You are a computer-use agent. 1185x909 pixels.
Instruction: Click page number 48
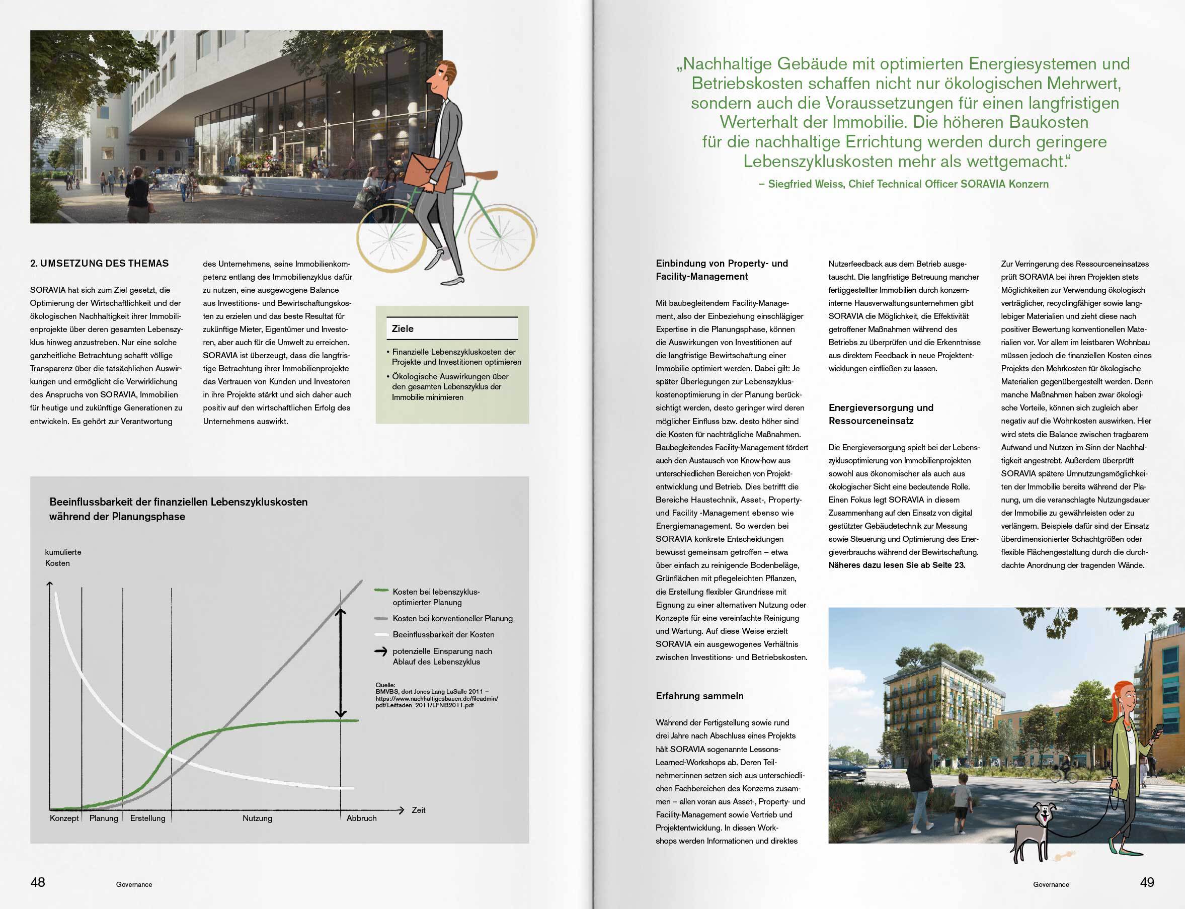tap(38, 882)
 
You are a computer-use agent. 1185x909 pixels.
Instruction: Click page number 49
tap(1147, 882)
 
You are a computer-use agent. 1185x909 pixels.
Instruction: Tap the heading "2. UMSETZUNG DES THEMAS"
tap(100, 264)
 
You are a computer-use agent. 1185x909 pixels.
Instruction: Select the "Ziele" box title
tap(403, 328)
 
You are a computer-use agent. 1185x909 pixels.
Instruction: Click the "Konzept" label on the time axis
tap(64, 818)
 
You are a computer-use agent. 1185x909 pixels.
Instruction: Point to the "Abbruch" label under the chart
tap(361, 818)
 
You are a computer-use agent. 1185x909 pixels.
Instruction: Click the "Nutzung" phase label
tap(258, 818)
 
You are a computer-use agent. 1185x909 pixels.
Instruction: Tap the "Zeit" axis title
tap(418, 810)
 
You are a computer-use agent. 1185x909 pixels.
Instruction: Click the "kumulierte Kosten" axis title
tap(63, 557)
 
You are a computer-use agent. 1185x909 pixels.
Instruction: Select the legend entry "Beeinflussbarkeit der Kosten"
tap(443, 634)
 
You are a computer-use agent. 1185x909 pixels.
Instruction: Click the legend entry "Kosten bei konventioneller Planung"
tap(452, 618)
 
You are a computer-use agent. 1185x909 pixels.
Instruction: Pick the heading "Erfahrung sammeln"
tap(699, 696)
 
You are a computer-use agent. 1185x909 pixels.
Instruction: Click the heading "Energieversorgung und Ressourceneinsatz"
tap(881, 414)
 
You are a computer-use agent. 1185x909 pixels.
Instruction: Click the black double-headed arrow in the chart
tap(340, 663)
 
